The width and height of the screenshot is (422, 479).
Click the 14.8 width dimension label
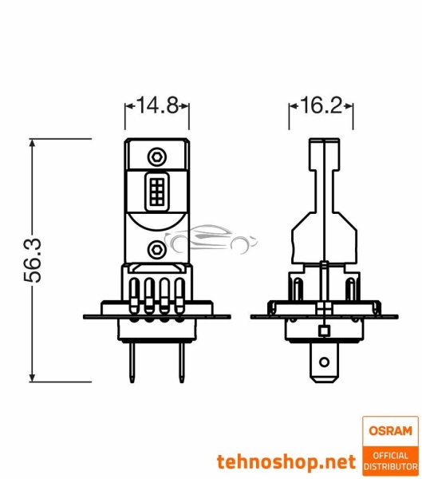click(157, 105)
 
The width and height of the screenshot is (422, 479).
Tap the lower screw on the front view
click(157, 249)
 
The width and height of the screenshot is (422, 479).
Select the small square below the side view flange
click(322, 331)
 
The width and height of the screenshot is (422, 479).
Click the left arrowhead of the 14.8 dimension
click(128, 105)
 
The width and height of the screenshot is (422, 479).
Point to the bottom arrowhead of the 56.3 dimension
click(33, 380)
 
